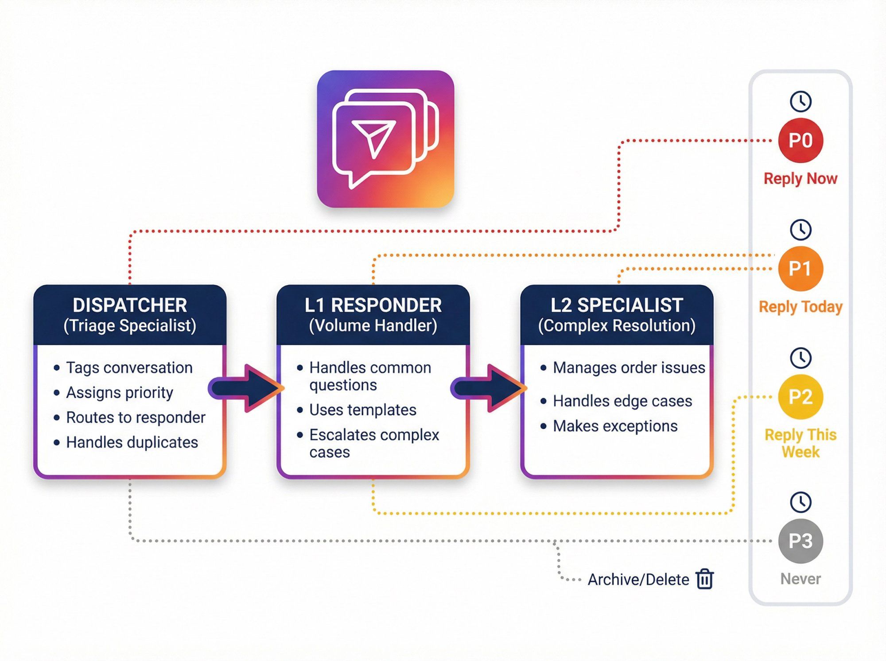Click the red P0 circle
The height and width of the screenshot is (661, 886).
tap(801, 140)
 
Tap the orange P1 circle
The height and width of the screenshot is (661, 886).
tap(801, 268)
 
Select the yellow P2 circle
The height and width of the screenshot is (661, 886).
tap(801, 397)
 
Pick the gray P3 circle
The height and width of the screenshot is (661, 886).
tap(801, 541)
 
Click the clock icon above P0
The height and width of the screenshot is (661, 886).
tap(801, 101)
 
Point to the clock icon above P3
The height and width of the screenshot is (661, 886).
tap(801, 502)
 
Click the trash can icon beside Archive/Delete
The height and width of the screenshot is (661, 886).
tap(705, 579)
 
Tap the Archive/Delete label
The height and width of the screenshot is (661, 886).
tap(638, 580)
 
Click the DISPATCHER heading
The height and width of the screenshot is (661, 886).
tap(130, 305)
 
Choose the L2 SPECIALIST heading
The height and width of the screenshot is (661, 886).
tap(617, 305)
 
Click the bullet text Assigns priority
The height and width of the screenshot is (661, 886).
tap(120, 393)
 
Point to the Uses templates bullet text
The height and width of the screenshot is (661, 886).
tap(363, 410)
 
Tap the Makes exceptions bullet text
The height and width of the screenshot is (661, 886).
tap(615, 426)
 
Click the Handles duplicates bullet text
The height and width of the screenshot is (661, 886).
tap(132, 442)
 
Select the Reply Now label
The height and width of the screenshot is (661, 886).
tap(801, 178)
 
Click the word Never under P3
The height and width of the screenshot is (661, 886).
tap(801, 579)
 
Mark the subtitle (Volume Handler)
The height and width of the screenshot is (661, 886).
tap(373, 326)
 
